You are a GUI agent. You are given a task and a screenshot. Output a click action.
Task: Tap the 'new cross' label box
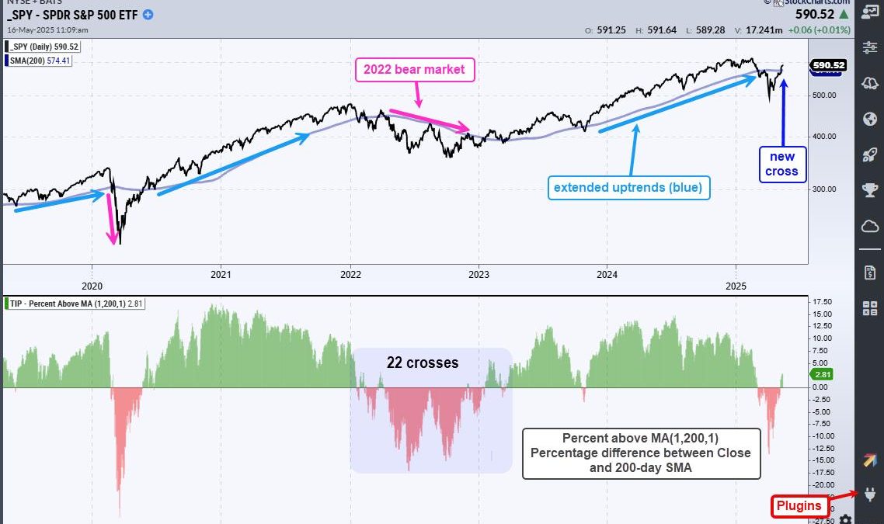click(783, 164)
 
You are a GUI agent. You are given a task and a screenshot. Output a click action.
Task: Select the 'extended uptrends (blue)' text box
click(629, 187)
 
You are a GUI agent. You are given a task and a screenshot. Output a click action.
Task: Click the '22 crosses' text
click(423, 363)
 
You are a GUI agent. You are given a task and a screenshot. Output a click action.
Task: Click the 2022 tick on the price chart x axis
click(351, 273)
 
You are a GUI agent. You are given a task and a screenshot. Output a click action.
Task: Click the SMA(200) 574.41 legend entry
click(39, 60)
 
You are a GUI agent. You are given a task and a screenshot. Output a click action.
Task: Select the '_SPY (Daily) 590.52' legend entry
click(43, 47)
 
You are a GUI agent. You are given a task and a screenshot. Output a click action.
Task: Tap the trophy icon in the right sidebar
click(870, 190)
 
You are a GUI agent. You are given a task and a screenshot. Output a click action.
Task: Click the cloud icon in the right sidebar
click(870, 226)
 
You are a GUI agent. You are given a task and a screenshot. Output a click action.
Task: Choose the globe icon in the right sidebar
click(870, 119)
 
